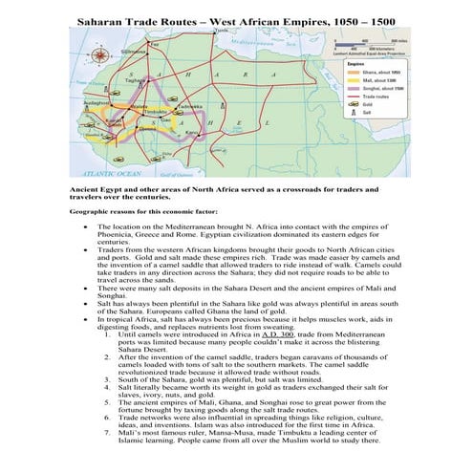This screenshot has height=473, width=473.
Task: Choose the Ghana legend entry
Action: click(357, 72)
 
